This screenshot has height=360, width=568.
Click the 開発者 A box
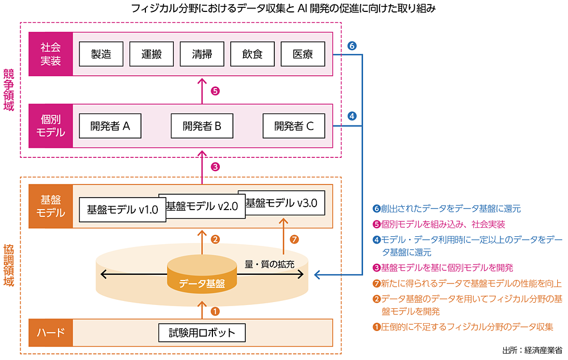coord(110,126)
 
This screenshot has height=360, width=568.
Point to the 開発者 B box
coord(202,126)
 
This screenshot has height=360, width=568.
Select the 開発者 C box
coord(294,126)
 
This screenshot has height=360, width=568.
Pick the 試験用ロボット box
coord(202,332)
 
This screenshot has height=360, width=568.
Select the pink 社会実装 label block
coord(51,55)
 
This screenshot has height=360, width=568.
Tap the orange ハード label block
coord(51,333)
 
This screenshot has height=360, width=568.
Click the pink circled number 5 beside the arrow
coord(215,90)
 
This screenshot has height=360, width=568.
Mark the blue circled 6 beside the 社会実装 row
coord(352,46)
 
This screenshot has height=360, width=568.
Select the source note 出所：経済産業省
coord(532,350)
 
